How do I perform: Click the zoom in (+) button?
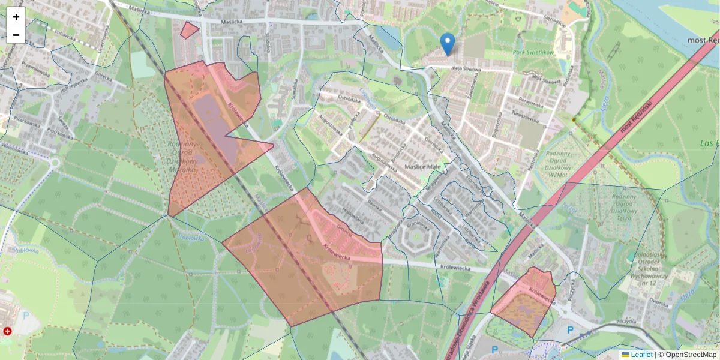click(x=16, y=17)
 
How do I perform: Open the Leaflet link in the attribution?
click(x=641, y=355)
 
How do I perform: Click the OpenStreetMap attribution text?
click(x=691, y=355)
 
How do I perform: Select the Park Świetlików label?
click(x=533, y=52)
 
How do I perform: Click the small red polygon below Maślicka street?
click(x=190, y=30)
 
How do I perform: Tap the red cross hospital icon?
click(x=7, y=331)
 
